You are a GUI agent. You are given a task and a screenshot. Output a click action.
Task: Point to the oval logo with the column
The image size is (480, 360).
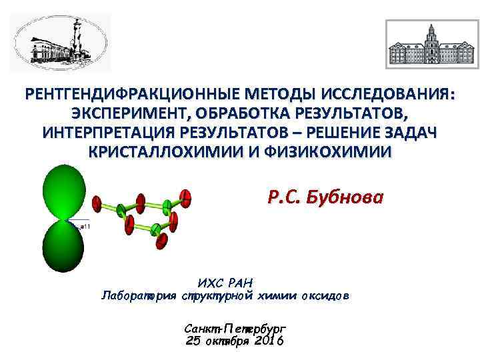tap(61, 43)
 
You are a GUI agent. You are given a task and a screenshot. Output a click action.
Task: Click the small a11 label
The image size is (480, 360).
tap(85, 227)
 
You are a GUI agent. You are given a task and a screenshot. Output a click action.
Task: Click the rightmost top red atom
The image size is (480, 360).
tap(187, 196)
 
